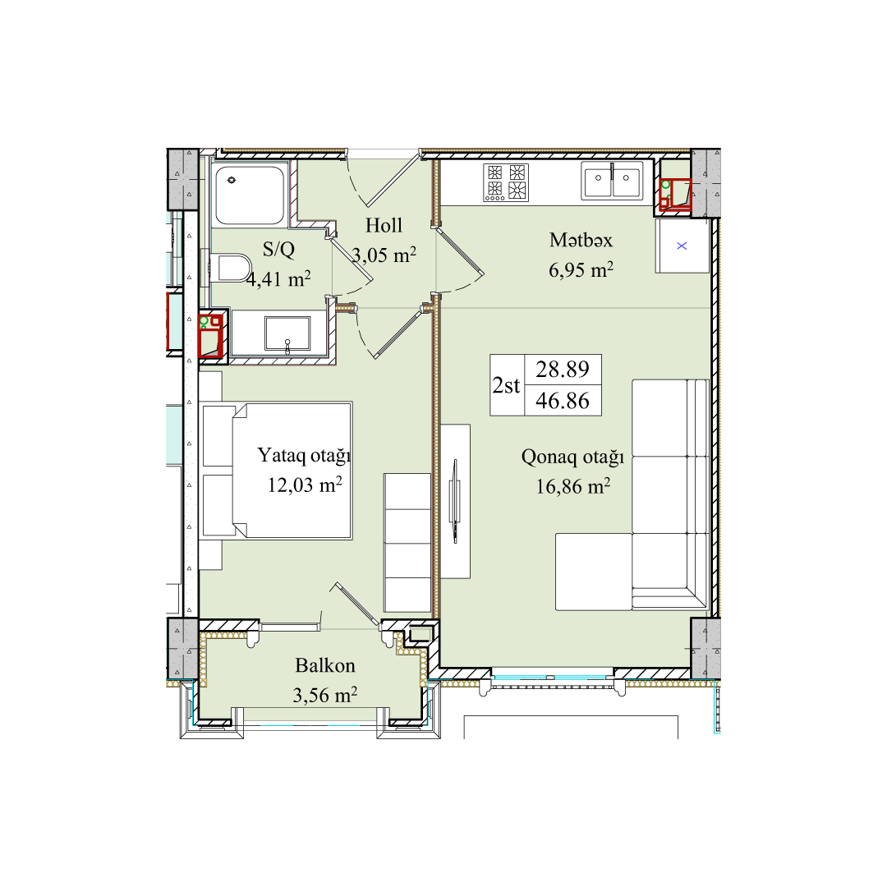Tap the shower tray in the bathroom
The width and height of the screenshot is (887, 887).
tap(250, 195)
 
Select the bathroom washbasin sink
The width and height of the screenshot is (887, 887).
tap(287, 333)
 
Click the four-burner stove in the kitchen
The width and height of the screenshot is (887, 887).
tap(506, 182)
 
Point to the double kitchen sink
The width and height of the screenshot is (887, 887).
tap(612, 181)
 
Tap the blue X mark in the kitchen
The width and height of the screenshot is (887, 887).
tap(682, 246)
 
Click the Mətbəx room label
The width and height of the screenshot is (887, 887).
tap(581, 241)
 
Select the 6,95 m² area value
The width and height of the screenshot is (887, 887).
tap(581, 270)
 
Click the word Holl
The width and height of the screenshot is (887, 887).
tap(384, 225)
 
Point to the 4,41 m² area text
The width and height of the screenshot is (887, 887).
tap(279, 279)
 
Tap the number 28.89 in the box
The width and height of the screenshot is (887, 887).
tap(563, 370)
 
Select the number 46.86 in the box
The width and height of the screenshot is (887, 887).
tap(563, 401)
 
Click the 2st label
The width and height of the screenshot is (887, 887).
tap(506, 385)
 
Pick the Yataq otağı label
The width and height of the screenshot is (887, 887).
tap(305, 455)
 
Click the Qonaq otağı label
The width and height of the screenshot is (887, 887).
tap(572, 457)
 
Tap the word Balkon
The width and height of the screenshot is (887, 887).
tap(325, 665)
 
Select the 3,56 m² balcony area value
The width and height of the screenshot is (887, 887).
tap(324, 695)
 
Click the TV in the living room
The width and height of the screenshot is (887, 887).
tap(453, 501)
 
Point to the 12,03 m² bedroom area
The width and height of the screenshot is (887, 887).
tap(305, 485)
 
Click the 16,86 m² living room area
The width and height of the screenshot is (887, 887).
tap(573, 486)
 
